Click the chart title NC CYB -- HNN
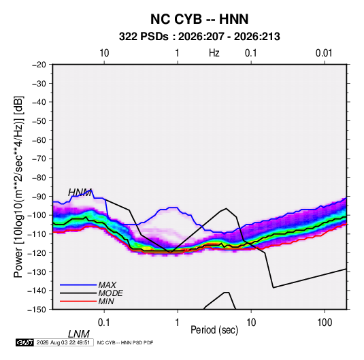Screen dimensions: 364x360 pos(199,19)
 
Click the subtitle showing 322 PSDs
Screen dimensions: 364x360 pos(199,37)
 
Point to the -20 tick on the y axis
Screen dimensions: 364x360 pos(39,65)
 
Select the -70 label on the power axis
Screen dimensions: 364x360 pos(39,159)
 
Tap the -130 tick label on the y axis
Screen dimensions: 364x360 pos(37,272)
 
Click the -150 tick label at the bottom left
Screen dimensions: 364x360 pos(37,310)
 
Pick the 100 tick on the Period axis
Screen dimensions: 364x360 pos(325,323)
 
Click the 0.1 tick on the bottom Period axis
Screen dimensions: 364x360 pos(104,323)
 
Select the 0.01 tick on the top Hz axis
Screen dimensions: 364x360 pos(324,53)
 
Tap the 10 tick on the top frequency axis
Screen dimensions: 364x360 pos(104,53)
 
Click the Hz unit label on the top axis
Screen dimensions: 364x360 pos(214,53)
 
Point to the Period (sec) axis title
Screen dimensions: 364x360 pos(214,330)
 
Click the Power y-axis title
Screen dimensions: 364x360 pos(18,186)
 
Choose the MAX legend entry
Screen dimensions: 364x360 pos(107,285)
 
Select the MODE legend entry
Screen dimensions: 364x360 pos(110,293)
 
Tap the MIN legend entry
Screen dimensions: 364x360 pos(106,301)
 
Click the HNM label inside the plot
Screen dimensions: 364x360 pos(80,193)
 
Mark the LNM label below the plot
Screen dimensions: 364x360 pos(79,334)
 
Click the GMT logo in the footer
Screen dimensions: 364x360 pos(24,342)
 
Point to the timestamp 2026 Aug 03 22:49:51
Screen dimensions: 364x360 pos(63,342)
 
